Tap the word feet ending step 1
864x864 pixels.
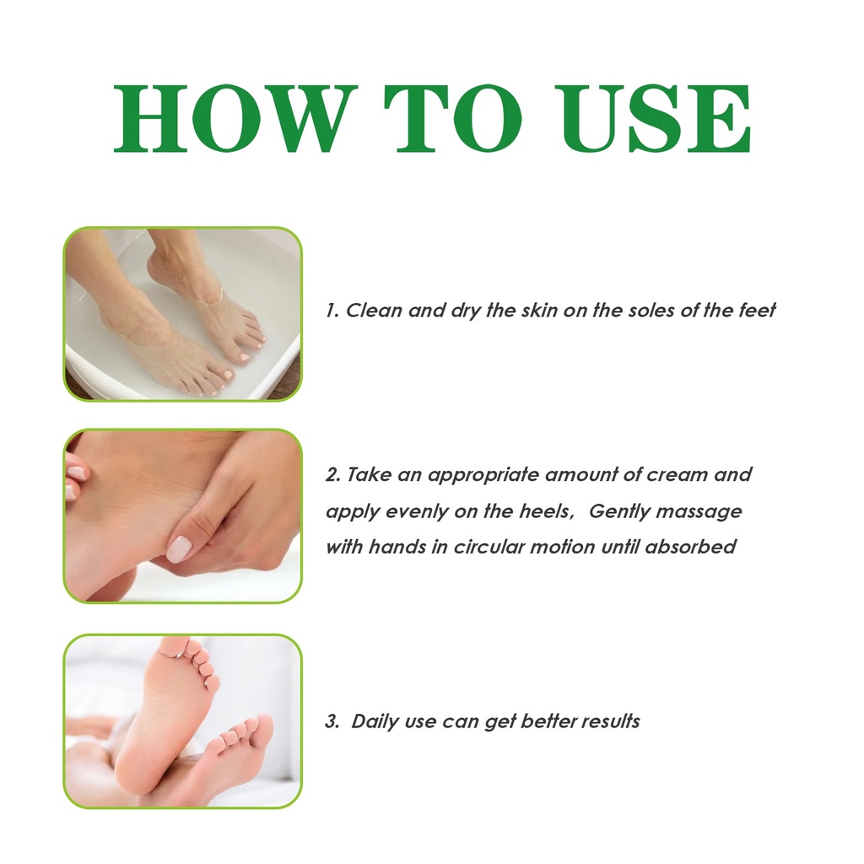(757, 310)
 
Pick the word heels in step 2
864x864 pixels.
(545, 511)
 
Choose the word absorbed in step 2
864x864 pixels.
(690, 547)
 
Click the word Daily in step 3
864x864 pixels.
(375, 721)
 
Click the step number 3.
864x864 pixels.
(332, 721)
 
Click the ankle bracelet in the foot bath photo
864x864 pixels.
(213, 298)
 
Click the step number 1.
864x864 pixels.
(331, 310)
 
